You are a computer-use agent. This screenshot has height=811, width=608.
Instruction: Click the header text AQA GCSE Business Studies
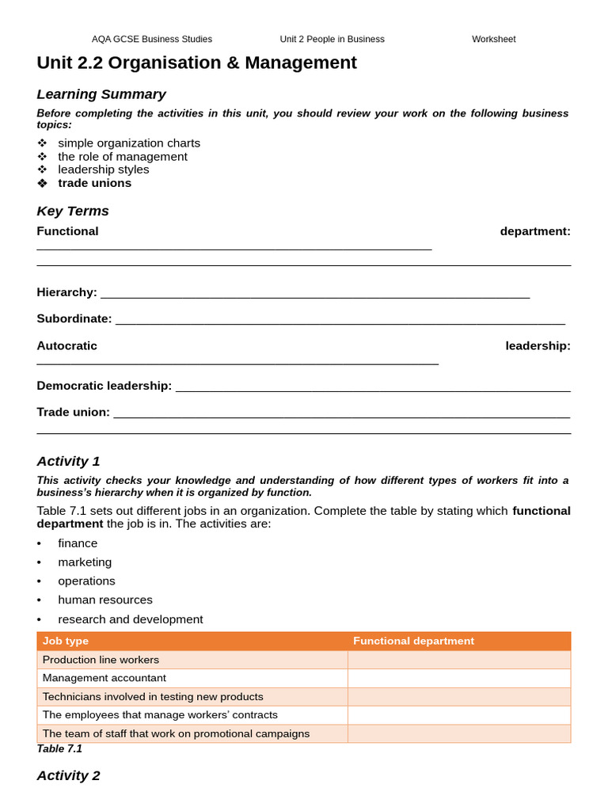151,39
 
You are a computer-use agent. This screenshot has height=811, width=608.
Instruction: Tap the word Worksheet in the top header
493,39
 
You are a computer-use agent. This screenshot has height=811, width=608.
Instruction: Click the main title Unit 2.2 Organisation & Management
196,63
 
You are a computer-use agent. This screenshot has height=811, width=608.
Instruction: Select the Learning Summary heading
101,94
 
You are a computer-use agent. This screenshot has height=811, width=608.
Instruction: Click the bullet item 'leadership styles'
103,169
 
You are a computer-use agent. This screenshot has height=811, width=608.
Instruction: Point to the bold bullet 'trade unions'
94,183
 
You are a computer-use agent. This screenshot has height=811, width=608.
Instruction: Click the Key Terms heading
73,211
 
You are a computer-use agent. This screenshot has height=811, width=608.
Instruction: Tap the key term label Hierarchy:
66,292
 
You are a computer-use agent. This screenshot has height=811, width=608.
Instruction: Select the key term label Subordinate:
74,318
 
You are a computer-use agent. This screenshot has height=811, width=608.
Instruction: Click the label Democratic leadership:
104,386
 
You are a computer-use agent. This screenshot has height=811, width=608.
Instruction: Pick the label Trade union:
73,412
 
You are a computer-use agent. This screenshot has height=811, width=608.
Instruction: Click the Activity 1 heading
68,461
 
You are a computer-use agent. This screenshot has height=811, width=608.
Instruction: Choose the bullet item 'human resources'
104,600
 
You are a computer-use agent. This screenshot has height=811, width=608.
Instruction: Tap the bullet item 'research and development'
130,619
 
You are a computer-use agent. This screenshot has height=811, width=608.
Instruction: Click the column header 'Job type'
66,641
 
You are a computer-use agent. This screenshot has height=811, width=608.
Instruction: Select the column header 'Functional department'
413,641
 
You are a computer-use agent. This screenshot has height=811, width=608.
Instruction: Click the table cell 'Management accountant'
104,678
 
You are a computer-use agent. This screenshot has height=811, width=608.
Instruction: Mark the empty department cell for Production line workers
458,660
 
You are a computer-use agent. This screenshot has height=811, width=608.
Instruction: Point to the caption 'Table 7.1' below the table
59,748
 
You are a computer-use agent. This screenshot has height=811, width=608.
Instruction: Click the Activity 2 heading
68,775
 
